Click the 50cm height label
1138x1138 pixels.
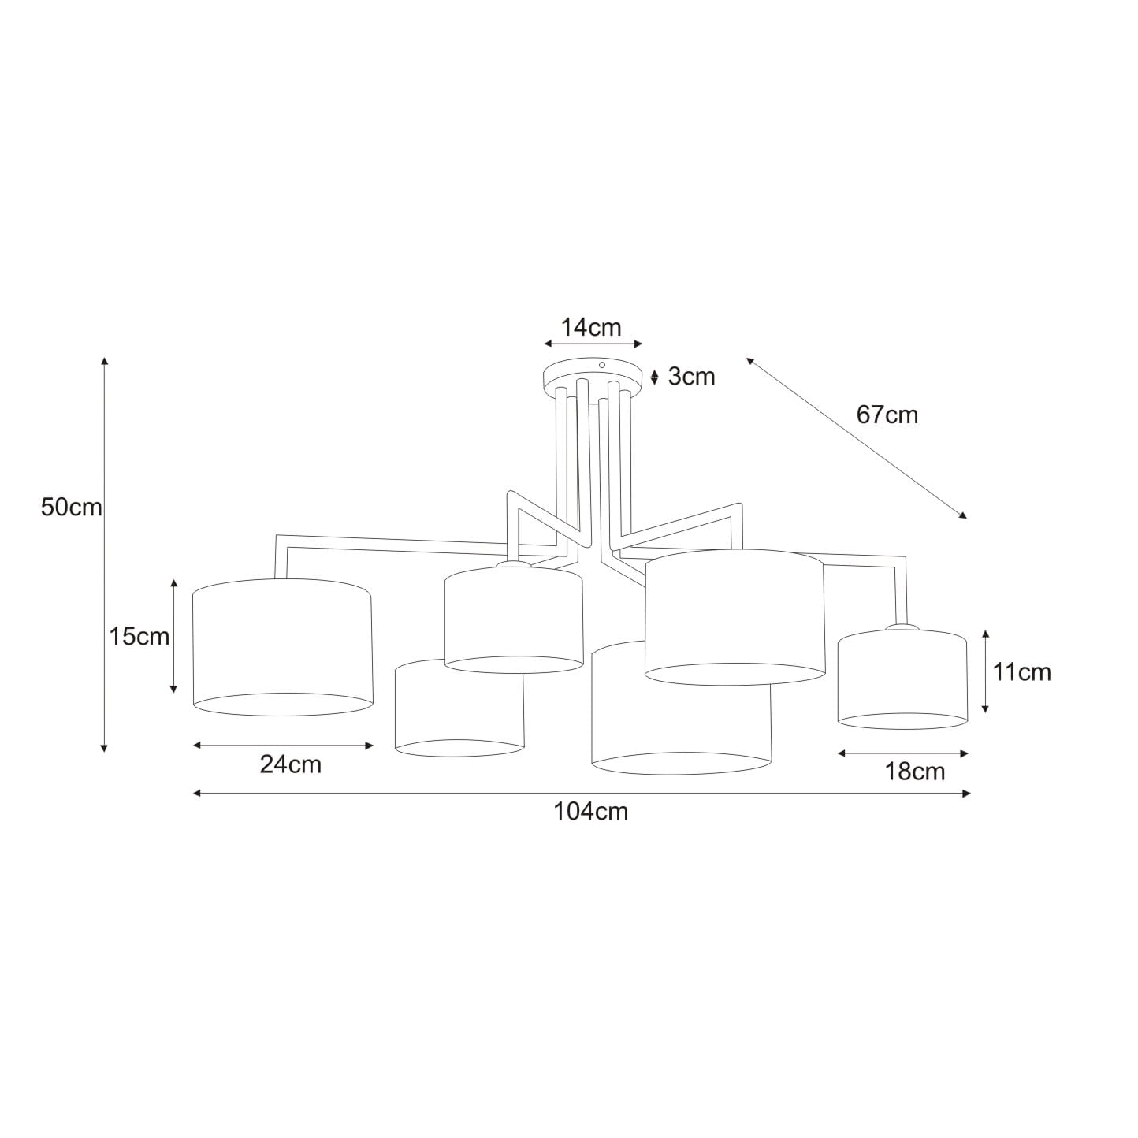[x=72, y=508]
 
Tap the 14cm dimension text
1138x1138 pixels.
[x=590, y=327]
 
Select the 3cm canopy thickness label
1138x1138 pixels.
[x=691, y=376]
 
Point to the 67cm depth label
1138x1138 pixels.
[x=887, y=415]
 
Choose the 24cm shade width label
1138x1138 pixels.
[x=291, y=764]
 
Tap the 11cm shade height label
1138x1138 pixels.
[x=1021, y=672]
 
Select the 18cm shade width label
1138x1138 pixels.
[x=915, y=772]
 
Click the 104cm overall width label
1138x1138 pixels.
[x=590, y=812]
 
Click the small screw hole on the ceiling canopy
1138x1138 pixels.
[x=602, y=366]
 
